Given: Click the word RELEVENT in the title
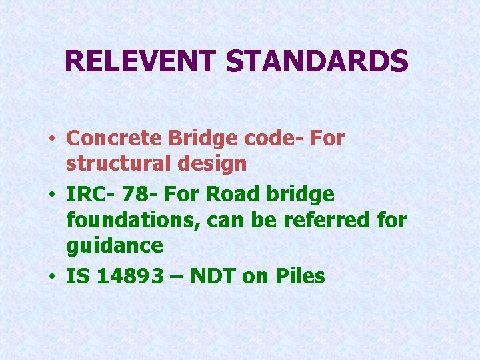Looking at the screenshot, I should pos(141,62).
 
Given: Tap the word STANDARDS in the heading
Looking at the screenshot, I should pos(317,62).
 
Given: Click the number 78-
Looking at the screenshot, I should pos(136,195).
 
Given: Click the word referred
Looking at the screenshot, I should pos(327,220).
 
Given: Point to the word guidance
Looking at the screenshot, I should pos(115,245).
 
